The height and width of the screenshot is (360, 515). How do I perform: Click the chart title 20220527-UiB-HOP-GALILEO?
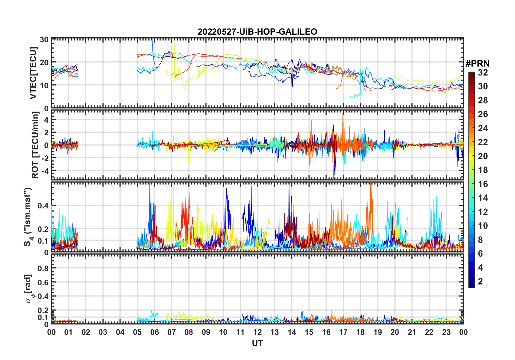257,32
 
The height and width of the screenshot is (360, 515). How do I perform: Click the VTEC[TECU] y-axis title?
33,73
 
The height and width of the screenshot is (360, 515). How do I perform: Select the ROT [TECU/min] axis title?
35,145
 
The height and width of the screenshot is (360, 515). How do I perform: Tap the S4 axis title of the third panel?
28,217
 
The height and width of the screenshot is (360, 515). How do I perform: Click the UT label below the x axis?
257,343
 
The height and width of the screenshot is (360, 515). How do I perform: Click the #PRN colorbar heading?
477,64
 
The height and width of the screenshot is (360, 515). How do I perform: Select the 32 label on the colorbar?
483,73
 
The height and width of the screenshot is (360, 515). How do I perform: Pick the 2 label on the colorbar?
480,282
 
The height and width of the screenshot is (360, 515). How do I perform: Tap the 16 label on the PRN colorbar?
483,184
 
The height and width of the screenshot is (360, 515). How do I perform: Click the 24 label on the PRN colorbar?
483,128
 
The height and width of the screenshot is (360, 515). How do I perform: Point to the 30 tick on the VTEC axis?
44,40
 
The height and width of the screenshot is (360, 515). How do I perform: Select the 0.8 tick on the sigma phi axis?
43,268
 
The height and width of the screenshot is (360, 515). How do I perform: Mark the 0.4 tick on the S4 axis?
43,206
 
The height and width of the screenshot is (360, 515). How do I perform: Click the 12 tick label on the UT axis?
257,332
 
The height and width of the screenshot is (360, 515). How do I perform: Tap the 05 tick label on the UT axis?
137,332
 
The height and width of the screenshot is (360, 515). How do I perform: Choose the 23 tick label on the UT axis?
446,332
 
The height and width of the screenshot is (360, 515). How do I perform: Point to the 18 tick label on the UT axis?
360,332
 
